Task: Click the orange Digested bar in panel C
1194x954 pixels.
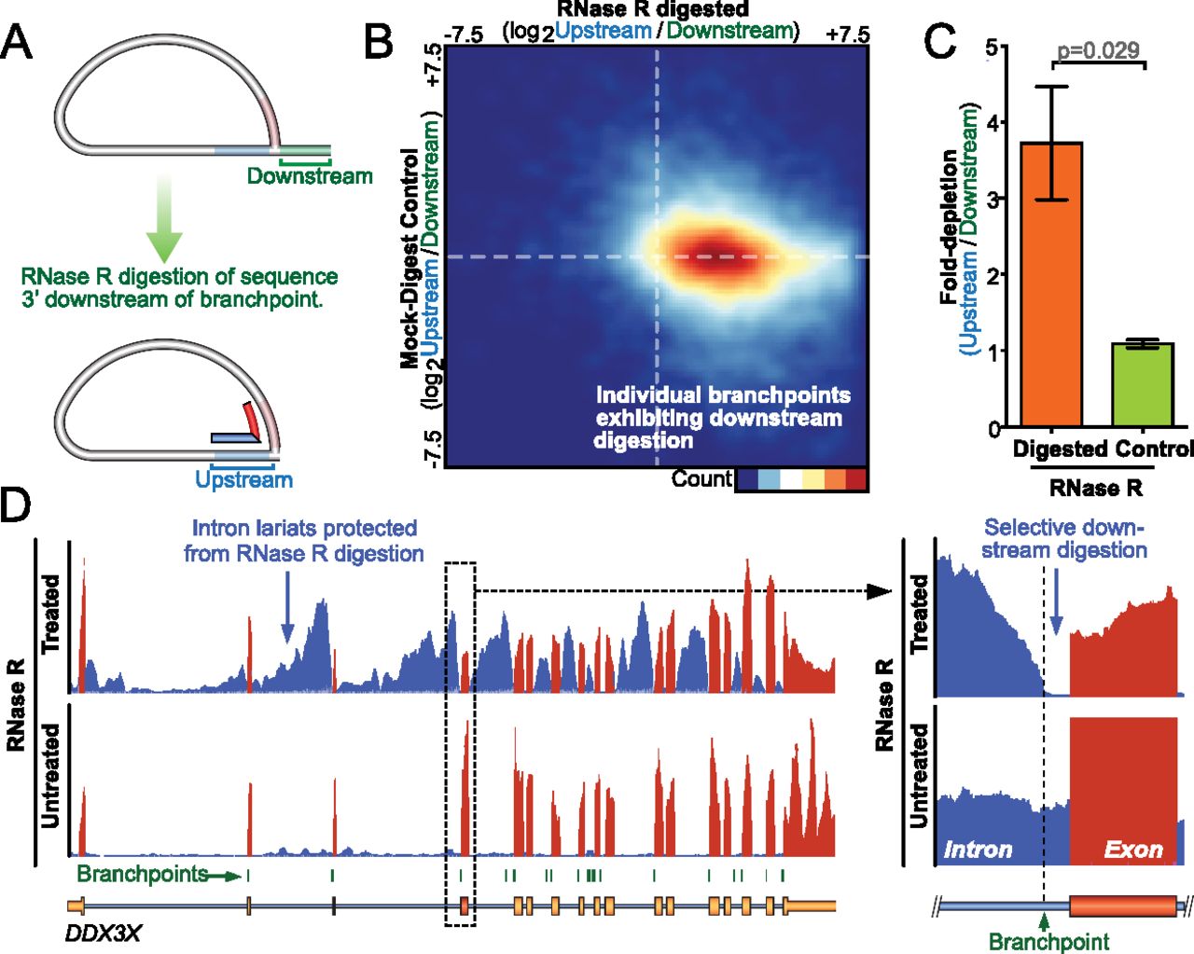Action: coord(1051,284)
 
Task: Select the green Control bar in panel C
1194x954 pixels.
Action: coord(1143,384)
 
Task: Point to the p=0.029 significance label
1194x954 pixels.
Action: coord(1099,50)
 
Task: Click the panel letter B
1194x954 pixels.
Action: coord(378,42)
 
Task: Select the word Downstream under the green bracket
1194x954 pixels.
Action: coord(310,175)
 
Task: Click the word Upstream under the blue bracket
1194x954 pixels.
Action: coord(243,479)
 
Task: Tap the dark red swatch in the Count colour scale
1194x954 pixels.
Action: coord(855,479)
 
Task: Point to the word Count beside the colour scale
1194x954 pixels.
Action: coord(701,478)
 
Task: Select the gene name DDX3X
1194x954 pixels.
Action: coord(103,933)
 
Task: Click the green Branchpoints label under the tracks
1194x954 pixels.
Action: coord(142,874)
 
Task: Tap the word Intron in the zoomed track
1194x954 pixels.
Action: coord(978,850)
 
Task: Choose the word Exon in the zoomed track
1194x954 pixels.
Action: coord(1133,850)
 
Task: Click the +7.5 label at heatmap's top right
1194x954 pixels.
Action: coord(847,35)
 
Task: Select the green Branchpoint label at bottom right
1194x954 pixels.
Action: coord(1049,941)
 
